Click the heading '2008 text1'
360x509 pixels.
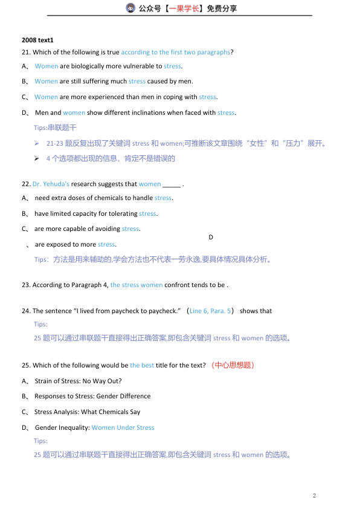pyautogui.click(x=37, y=39)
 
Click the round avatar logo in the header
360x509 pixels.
pyautogui.click(x=130, y=8)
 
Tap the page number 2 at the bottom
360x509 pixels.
pyautogui.click(x=314, y=496)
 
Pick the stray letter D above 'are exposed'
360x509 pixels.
pyautogui.click(x=211, y=237)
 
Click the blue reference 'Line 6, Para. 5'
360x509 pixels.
pyautogui.click(x=210, y=311)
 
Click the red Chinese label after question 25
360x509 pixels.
pyautogui.click(x=233, y=365)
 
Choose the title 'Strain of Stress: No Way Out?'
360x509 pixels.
pyautogui.click(x=78, y=381)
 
